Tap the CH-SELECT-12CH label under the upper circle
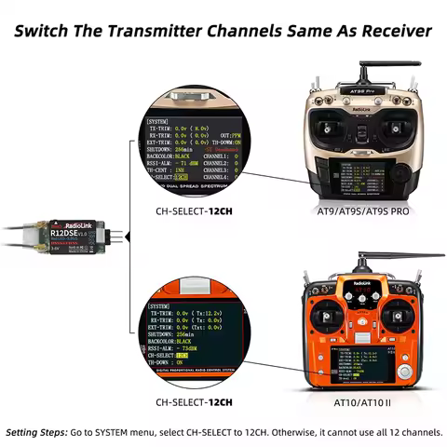pyautogui.click(x=195, y=211)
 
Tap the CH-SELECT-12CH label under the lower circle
pyautogui.click(x=195, y=402)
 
